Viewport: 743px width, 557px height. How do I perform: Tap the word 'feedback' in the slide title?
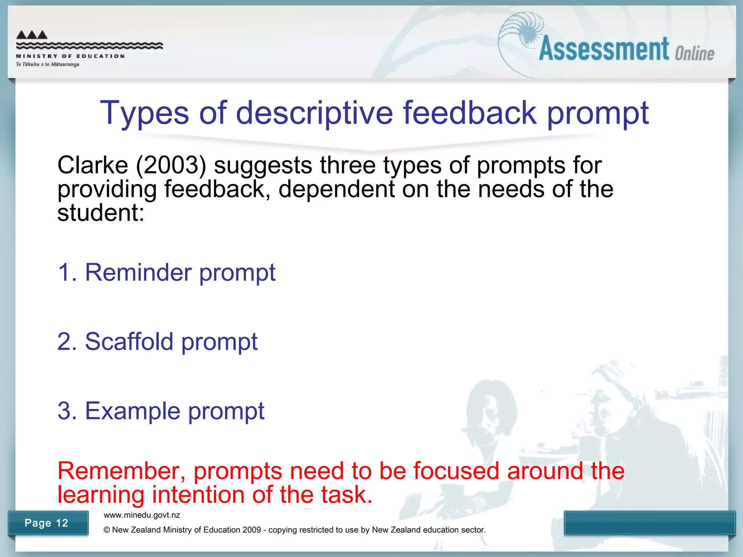(x=469, y=113)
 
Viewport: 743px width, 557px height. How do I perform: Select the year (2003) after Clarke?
(x=171, y=165)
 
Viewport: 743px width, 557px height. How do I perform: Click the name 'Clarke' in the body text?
(x=93, y=165)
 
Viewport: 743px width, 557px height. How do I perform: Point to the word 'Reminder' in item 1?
(x=138, y=272)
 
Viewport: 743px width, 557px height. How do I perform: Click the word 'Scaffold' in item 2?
(x=129, y=342)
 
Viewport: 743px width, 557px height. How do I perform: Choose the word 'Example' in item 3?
(x=132, y=411)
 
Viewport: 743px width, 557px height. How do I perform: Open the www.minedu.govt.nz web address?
(x=142, y=515)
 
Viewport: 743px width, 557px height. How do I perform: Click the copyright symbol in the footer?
(x=107, y=530)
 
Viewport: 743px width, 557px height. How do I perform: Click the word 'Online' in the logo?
(x=694, y=54)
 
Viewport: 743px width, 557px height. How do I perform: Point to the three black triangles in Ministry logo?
(x=32, y=35)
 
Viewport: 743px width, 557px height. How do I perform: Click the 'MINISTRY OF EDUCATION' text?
(x=70, y=56)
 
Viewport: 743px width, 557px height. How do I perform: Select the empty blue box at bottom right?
(x=649, y=523)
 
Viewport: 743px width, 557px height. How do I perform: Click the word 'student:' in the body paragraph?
(x=101, y=213)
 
